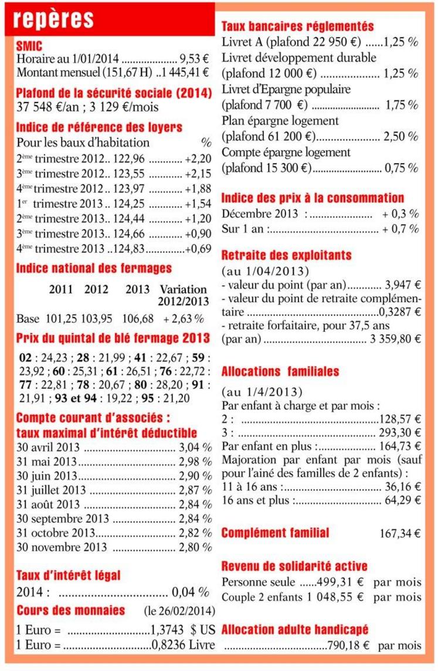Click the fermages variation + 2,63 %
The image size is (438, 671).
tap(184, 319)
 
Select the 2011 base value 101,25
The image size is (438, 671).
tap(61, 319)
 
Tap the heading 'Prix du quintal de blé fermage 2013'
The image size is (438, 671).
tap(113, 338)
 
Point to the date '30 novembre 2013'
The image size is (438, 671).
tap(62, 547)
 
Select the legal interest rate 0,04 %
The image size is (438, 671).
tap(190, 591)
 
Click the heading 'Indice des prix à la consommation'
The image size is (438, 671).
tap(313, 198)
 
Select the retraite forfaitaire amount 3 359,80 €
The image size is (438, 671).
tap(397, 339)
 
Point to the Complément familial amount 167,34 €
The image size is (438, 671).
tap(400, 534)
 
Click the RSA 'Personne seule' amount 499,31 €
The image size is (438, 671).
tap(340, 582)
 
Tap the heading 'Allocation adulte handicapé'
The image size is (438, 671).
tap(295, 630)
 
